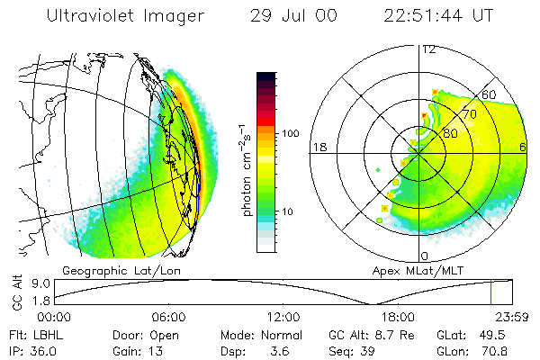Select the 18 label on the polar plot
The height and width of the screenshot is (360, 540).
click(318, 146)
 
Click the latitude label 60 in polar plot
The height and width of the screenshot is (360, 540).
click(490, 95)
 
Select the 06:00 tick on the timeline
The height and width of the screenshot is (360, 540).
click(168, 317)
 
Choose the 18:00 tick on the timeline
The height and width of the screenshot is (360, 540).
click(398, 317)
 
